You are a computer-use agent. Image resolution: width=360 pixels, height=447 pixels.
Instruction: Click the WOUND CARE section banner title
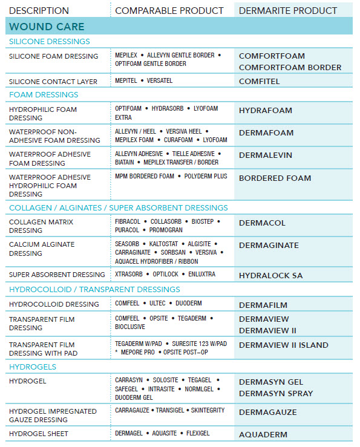coord(47,27)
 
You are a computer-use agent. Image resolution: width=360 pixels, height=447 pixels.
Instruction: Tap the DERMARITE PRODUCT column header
coord(288,10)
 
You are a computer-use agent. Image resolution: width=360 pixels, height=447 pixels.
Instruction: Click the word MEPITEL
coord(125,81)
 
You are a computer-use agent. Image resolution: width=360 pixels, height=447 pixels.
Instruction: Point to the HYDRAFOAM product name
coord(265,111)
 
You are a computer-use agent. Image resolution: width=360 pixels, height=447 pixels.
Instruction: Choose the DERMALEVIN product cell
coord(266,155)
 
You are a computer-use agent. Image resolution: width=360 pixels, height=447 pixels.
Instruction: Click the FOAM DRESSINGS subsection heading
coord(44,95)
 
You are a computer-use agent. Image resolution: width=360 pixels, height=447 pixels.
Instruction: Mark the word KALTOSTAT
coord(163,244)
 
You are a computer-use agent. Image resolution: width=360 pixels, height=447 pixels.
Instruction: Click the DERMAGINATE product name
coord(269,245)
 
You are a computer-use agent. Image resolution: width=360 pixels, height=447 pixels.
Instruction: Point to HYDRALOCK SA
coord(270,275)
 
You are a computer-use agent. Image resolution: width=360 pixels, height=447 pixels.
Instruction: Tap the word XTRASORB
coord(129,274)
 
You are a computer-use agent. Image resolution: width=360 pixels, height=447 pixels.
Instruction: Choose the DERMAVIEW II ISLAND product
coord(283,345)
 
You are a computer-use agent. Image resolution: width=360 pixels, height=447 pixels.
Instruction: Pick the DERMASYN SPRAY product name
coord(275,393)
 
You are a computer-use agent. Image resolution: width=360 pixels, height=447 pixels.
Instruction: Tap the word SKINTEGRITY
coord(208,410)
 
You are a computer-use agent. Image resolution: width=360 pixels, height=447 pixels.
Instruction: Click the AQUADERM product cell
coord(263,434)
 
